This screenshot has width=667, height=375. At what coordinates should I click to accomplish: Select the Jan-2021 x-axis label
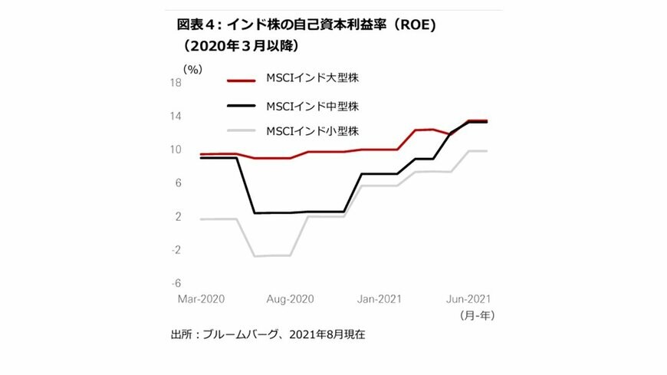381,299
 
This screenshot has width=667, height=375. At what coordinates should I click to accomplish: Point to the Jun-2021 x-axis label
468,299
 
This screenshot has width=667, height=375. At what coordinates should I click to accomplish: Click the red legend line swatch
242,79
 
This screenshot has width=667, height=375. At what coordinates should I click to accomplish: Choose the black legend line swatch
242,105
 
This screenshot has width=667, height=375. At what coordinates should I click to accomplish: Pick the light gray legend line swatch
242,131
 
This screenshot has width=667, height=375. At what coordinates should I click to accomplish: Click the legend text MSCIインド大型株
312,79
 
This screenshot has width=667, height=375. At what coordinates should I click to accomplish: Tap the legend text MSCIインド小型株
312,131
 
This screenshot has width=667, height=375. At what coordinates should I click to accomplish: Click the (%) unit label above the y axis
192,69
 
